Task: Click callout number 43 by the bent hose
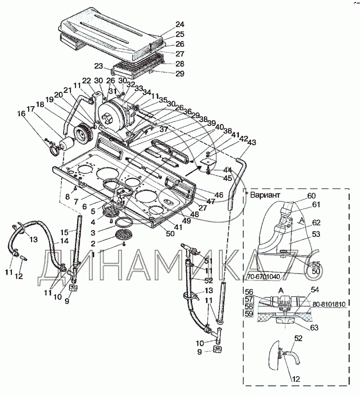point(252,143)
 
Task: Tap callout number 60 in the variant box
point(311,196)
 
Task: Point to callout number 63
point(314,327)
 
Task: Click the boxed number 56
point(249,292)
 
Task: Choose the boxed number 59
point(249,313)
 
